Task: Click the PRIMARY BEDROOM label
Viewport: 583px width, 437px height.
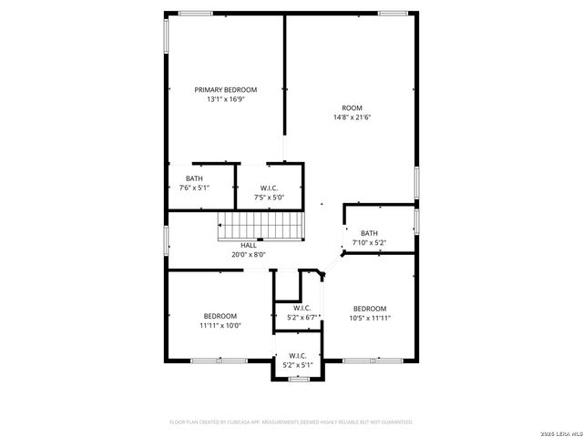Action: tap(225, 89)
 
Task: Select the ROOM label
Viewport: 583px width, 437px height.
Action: tap(352, 107)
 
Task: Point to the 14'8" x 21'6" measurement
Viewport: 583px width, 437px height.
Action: tap(352, 117)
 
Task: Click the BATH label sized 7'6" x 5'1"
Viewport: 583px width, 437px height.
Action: tap(194, 178)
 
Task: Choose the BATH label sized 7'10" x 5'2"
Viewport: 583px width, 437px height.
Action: tap(369, 233)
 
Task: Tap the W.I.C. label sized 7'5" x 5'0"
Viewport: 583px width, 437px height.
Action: tap(268, 187)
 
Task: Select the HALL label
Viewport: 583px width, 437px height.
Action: tap(248, 245)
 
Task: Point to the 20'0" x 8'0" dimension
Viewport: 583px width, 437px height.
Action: tap(248, 255)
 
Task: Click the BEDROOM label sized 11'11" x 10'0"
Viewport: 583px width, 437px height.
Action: tap(220, 315)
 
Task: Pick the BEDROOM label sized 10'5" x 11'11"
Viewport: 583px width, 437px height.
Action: tap(370, 309)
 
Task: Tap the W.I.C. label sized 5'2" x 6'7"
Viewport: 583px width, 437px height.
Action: tap(302, 308)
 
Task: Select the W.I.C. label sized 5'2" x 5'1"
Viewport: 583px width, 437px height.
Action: tap(298, 355)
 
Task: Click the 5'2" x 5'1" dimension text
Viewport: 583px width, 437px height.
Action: tap(298, 364)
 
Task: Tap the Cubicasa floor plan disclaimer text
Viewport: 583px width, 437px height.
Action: tap(291, 422)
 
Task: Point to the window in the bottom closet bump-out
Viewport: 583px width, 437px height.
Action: tap(298, 378)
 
